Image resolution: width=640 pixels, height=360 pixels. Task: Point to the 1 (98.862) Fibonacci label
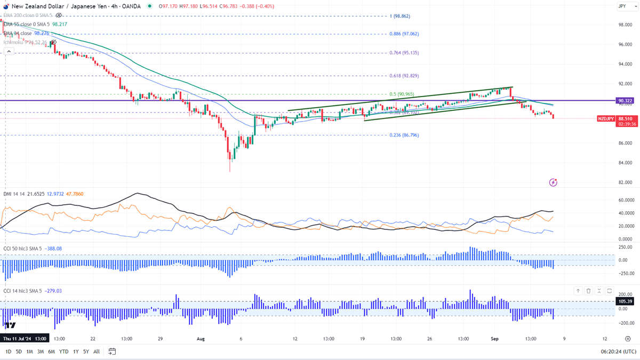[x=401, y=16]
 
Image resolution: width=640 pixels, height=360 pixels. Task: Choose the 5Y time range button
[x=85, y=351]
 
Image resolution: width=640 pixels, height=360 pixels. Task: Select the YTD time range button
[x=63, y=351]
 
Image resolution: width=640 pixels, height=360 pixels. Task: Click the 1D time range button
[x=8, y=351]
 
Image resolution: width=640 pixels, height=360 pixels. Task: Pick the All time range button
[x=97, y=351]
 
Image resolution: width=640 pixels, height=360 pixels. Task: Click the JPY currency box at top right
[x=622, y=6]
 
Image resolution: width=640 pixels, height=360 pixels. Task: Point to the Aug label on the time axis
[x=201, y=339]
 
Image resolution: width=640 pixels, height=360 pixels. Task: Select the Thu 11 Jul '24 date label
[x=25, y=339]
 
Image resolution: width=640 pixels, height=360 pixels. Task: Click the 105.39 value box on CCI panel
[x=625, y=301]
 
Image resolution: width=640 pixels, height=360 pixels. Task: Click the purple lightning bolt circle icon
[x=553, y=182]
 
